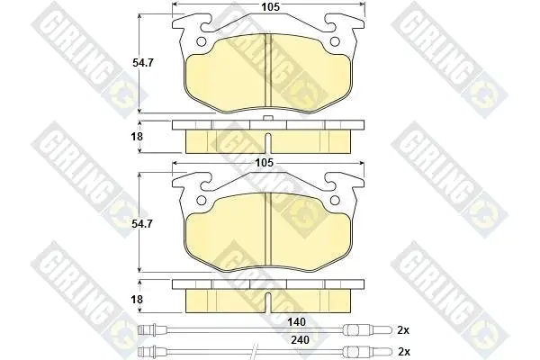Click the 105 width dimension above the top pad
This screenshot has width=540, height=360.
pos(270,6)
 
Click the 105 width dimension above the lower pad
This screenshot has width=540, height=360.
pos(264,163)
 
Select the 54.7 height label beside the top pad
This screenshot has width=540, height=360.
pos(143,63)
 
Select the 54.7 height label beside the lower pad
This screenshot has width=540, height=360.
pos(142,224)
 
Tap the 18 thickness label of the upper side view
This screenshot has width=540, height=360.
pos(137,137)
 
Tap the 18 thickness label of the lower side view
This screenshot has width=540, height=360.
pos(137,300)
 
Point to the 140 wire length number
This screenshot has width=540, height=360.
pos(296,322)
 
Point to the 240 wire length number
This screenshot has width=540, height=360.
pos(300,340)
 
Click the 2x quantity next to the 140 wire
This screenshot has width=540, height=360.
pos(403,330)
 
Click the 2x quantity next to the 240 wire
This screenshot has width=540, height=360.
pos(404,352)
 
